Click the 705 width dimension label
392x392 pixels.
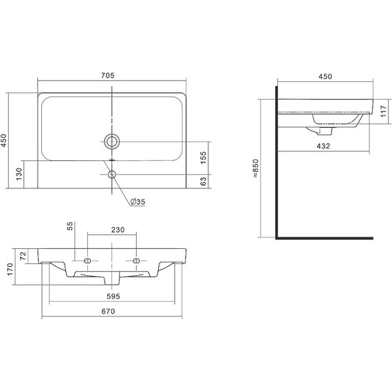(108, 75)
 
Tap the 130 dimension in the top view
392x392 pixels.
(19, 174)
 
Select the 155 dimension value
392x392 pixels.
(204, 157)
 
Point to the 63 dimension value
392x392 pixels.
(204, 182)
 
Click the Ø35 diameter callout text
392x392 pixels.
(138, 202)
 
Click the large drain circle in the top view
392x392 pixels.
(112, 142)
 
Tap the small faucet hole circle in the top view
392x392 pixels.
(112, 174)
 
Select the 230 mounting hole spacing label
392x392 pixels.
(118, 230)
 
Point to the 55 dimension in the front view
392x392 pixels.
(70, 226)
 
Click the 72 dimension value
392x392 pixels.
(23, 256)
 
